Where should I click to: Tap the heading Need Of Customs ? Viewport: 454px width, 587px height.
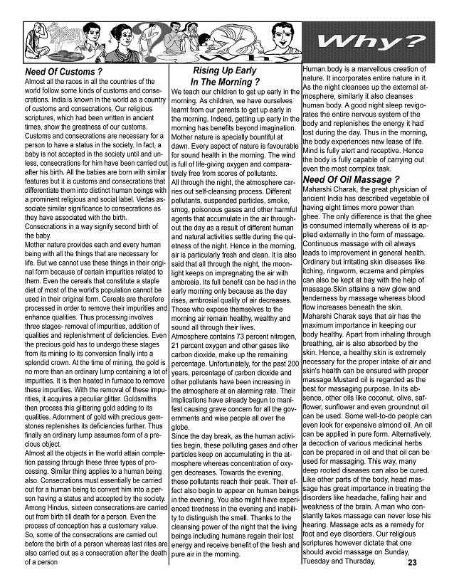pos(63,73)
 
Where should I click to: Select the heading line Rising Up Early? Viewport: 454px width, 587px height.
pos(224,71)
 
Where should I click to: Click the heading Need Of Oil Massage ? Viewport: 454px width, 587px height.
pos(351,179)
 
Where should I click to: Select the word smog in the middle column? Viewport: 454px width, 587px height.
pos(184,211)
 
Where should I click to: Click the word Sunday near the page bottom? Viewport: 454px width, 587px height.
pos(416,551)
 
